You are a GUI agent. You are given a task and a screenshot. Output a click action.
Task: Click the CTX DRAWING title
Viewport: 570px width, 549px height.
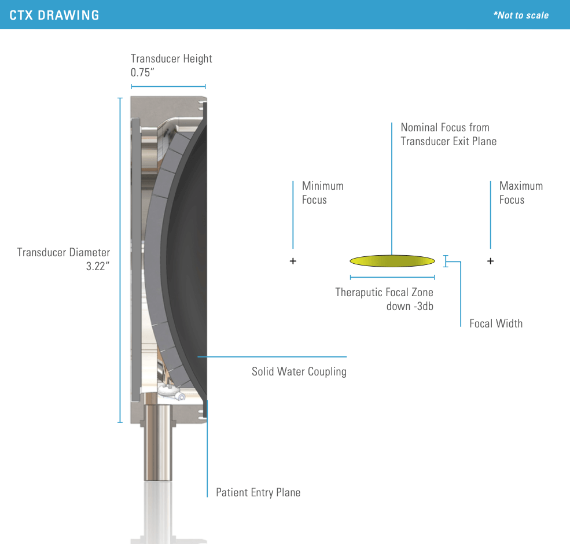[54, 15]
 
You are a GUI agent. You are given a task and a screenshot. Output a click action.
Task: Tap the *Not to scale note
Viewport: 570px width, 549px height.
[520, 16]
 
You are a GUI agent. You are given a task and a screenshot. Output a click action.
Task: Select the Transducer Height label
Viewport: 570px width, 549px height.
[171, 58]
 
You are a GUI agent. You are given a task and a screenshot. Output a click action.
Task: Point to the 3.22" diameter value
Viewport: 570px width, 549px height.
[98, 267]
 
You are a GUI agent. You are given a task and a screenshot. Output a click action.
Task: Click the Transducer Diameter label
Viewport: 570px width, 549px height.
[64, 252]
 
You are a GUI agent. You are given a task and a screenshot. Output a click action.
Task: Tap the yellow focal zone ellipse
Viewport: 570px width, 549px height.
[392, 261]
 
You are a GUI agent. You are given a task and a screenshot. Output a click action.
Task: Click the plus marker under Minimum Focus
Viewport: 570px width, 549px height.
[293, 261]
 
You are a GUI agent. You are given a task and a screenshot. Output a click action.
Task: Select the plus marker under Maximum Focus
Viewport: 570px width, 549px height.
[490, 261]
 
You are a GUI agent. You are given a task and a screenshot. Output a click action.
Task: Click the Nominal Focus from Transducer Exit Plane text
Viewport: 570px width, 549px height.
[448, 134]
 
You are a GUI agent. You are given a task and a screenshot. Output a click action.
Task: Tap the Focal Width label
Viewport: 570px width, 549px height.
[495, 323]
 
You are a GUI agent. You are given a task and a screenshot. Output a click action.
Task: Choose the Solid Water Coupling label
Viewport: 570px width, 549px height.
[299, 371]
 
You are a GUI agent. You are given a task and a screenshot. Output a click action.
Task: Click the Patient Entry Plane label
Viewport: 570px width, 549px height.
[258, 493]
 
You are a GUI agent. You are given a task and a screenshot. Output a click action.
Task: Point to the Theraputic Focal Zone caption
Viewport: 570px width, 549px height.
[384, 299]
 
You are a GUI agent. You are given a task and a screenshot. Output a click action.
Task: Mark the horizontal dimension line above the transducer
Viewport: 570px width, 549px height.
[168, 87]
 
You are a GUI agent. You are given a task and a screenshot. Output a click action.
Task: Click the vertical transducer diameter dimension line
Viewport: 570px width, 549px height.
[120, 260]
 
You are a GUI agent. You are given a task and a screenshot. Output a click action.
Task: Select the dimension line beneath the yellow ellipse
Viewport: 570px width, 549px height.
[392, 278]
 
